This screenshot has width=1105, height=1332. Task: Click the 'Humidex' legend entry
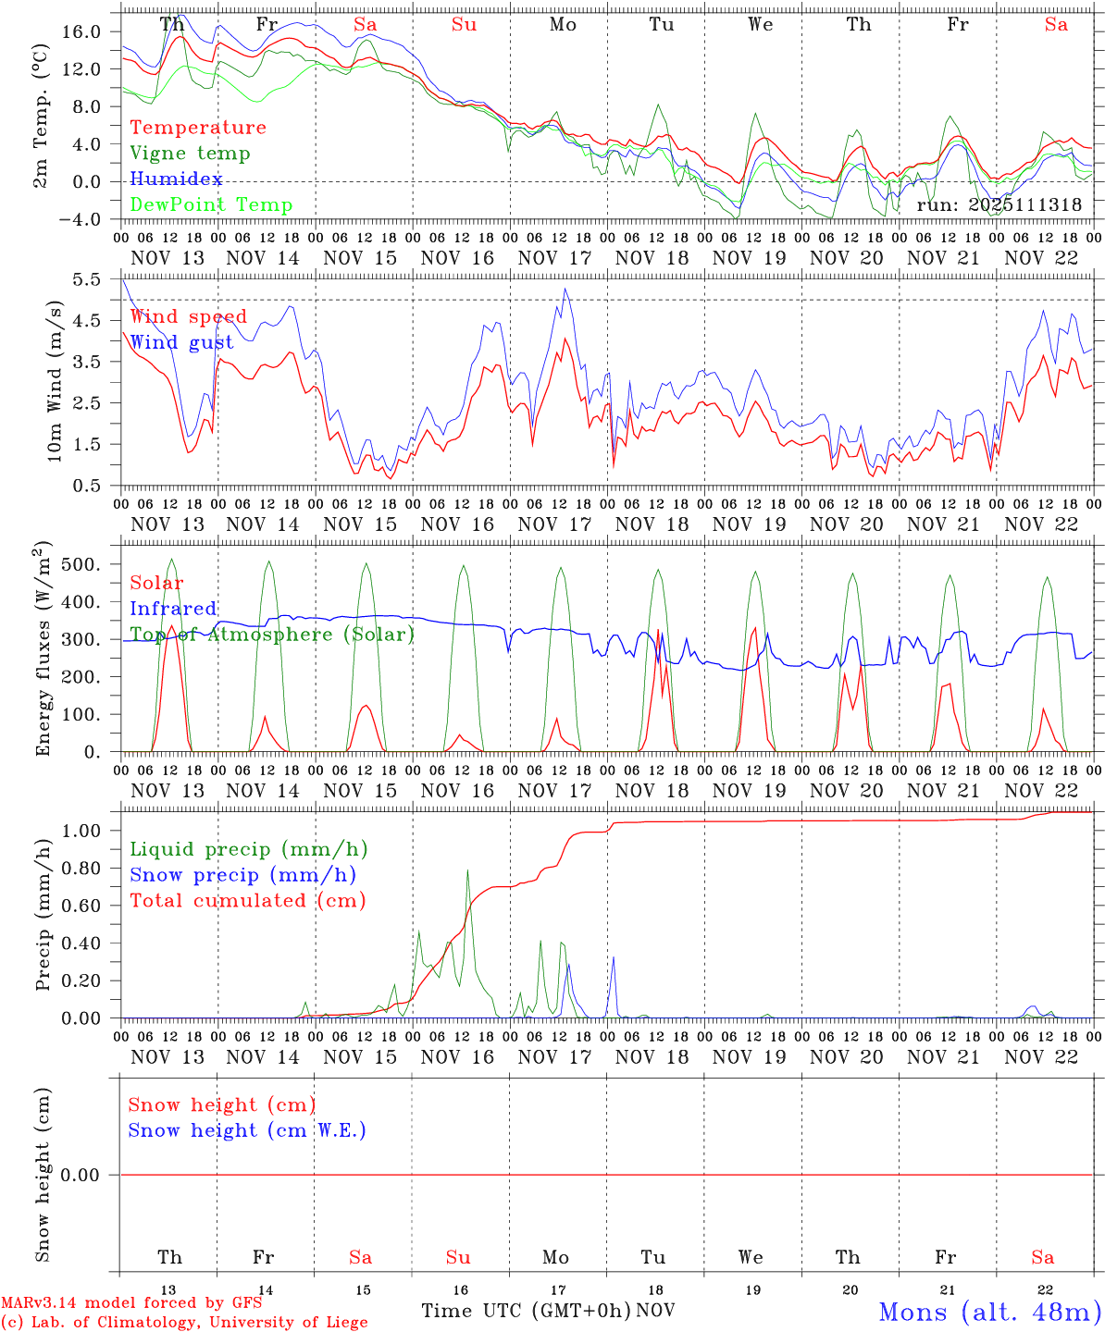(176, 179)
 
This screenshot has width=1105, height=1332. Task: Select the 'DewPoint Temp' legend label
(211, 205)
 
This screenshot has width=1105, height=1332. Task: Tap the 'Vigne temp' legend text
(190, 154)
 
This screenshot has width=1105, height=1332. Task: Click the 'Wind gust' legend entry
(181, 342)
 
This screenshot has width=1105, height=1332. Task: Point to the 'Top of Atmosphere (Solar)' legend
(272, 635)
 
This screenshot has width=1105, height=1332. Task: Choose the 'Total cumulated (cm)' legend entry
(247, 901)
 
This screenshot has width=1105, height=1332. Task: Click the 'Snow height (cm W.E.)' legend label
(247, 1130)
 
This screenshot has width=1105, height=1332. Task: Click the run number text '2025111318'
(1024, 205)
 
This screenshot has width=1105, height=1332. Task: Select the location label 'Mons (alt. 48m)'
(989, 1312)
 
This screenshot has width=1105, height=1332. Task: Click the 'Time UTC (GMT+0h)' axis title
(527, 1311)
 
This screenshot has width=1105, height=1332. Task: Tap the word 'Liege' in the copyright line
(343, 1323)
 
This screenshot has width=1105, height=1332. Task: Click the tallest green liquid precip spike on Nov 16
(467, 870)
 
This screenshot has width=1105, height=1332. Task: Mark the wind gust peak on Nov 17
(565, 290)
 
